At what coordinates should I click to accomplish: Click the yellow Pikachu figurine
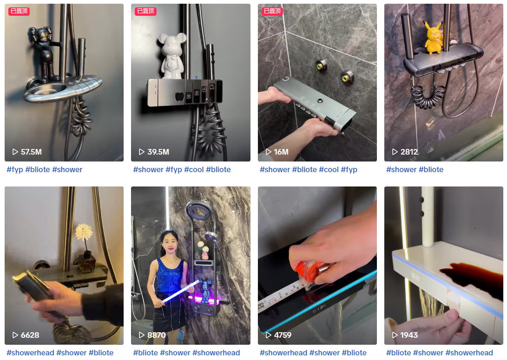click(x=433, y=37)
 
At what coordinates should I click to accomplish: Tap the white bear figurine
click(x=172, y=56)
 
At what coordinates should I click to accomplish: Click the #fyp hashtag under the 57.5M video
click(x=15, y=169)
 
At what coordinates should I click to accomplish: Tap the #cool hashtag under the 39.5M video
click(x=194, y=169)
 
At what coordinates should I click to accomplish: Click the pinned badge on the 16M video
click(x=272, y=11)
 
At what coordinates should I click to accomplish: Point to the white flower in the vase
click(x=84, y=231)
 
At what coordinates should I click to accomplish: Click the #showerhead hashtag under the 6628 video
click(x=31, y=353)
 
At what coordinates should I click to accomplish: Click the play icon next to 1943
click(x=395, y=335)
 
